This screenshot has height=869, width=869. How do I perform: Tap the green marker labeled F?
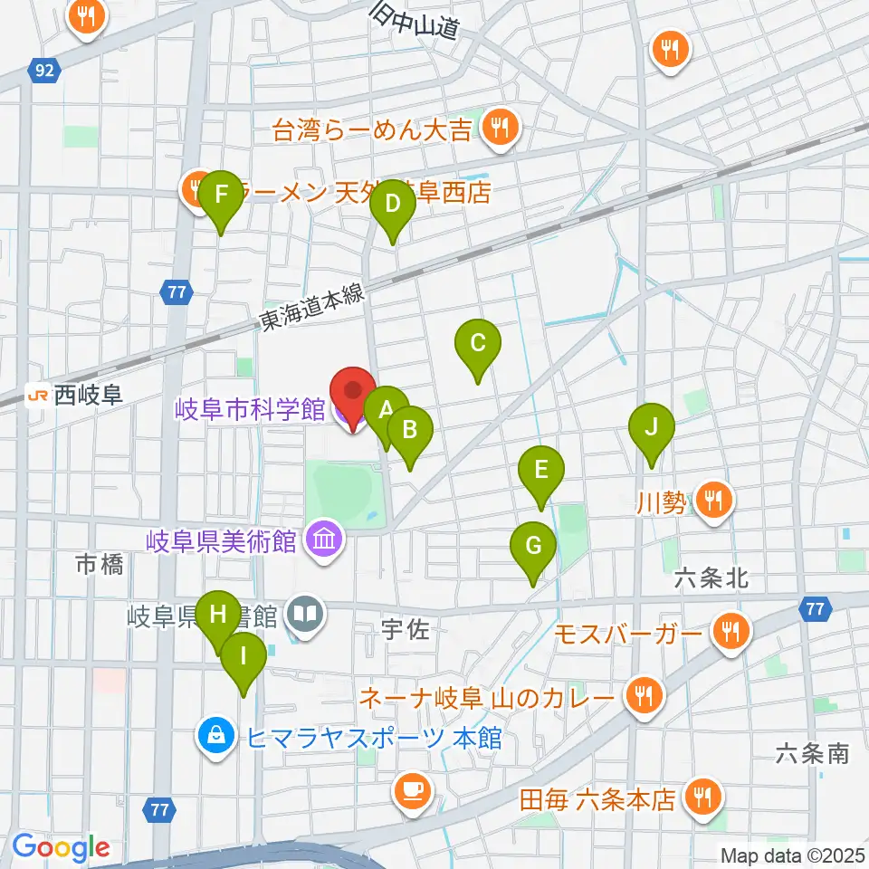pyautogui.click(x=220, y=195)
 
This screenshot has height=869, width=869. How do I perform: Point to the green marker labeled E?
pyautogui.click(x=541, y=472)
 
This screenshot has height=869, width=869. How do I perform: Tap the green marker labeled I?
pyautogui.click(x=244, y=654)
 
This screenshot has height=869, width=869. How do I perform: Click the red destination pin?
pyautogui.click(x=353, y=393)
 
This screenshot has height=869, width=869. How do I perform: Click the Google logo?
pyautogui.click(x=61, y=848)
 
